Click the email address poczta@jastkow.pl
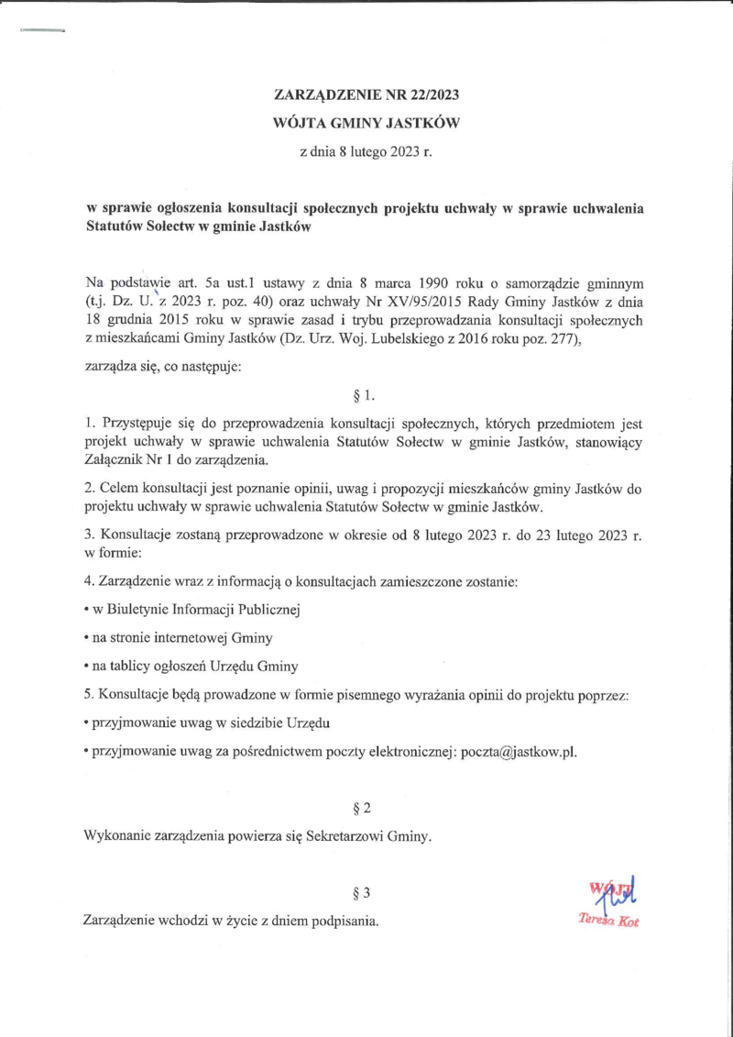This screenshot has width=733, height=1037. pos(519,751)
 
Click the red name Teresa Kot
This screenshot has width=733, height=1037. pos(608,921)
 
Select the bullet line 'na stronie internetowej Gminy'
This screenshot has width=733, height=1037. pos(179,637)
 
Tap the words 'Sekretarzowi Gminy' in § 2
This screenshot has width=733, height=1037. pos(371,836)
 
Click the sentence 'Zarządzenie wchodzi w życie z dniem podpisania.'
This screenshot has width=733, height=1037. pos(231,920)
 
